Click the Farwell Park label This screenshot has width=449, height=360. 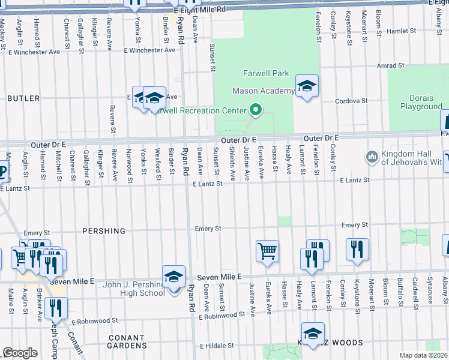click(266, 74)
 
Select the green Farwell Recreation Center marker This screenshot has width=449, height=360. click(256, 110)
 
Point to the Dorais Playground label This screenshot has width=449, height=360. click(421, 102)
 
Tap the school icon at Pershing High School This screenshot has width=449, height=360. click(173, 277)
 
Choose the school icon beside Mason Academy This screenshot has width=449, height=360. click(307, 86)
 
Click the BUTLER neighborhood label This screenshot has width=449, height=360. click(23, 98)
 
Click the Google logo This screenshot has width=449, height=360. click(20, 353)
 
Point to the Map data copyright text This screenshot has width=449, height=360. click(424, 356)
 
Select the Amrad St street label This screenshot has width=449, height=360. click(393, 65)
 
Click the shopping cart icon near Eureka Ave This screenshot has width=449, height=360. click(267, 250)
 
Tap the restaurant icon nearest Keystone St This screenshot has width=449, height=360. click(357, 248)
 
